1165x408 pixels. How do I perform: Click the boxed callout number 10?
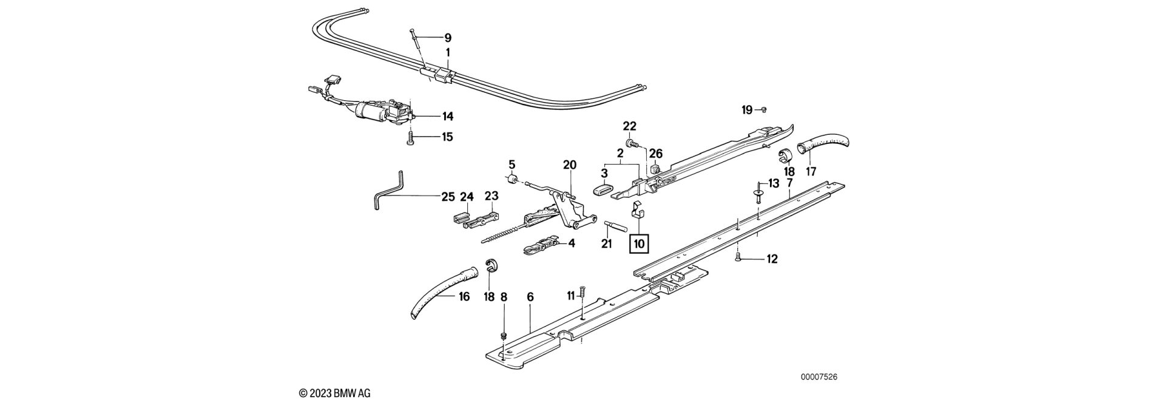click(x=640, y=243)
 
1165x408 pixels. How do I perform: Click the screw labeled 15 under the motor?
click(x=411, y=139)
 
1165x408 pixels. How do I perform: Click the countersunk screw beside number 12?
click(x=738, y=258)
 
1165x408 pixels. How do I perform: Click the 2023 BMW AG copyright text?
click(x=335, y=393)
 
